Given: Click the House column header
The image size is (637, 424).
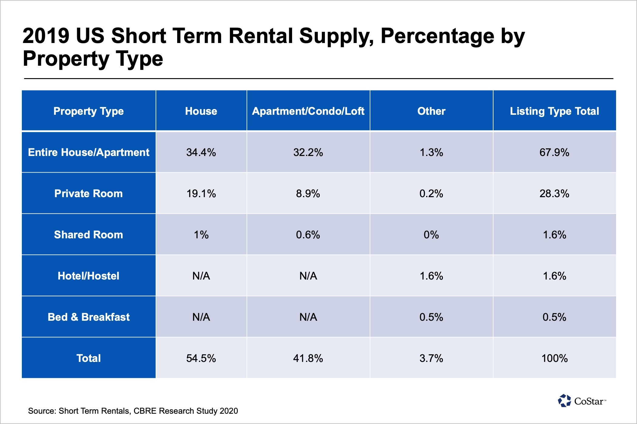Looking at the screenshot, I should click(201, 111).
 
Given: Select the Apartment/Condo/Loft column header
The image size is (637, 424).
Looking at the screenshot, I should click(308, 111).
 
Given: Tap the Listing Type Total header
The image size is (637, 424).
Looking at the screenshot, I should click(554, 111).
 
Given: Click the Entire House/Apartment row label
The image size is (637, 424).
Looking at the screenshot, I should click(89, 152).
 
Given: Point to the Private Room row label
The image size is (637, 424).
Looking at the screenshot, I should click(89, 194).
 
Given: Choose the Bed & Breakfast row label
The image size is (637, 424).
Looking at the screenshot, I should click(89, 317).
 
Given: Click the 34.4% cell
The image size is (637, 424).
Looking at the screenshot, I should click(201, 152).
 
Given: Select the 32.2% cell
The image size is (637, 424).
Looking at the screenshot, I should click(308, 152).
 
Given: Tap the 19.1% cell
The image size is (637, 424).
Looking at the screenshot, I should click(201, 194).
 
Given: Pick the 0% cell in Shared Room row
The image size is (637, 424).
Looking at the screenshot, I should click(431, 235).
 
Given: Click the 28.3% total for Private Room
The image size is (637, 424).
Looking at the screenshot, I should click(554, 194).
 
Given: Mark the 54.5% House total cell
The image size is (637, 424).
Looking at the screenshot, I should click(201, 358).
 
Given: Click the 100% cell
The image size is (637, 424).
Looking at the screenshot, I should click(554, 358).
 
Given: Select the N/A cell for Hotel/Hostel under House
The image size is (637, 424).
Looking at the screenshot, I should click(201, 276).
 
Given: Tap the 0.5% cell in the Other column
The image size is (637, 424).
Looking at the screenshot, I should click(431, 317).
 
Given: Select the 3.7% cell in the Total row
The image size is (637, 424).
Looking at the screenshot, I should click(431, 358).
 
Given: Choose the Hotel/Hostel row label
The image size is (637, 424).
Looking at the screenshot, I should click(89, 276).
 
